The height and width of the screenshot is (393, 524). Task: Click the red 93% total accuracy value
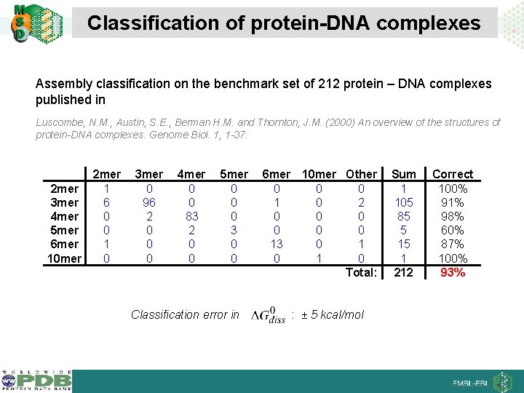pyautogui.click(x=453, y=273)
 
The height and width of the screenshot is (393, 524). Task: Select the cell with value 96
pyautogui.click(x=149, y=203)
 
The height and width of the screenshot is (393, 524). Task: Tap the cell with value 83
pyautogui.click(x=191, y=217)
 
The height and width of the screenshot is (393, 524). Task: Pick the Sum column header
pyautogui.click(x=404, y=175)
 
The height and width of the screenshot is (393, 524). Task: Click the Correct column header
pyautogui.click(x=453, y=175)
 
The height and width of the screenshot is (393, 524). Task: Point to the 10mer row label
pyautogui.click(x=63, y=258)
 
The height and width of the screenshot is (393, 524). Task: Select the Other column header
pyautogui.click(x=361, y=175)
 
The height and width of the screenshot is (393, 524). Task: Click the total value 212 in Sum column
pyautogui.click(x=404, y=273)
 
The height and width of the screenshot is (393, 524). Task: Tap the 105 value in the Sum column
pyautogui.click(x=404, y=203)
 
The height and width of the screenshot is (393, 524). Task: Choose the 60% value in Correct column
pyautogui.click(x=453, y=231)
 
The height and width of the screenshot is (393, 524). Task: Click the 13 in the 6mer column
pyautogui.click(x=277, y=245)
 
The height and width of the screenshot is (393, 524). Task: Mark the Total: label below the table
pyautogui.click(x=362, y=273)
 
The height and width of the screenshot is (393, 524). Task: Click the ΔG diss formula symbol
pyautogui.click(x=268, y=315)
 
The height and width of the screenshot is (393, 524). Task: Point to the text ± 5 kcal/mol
pyautogui.click(x=333, y=315)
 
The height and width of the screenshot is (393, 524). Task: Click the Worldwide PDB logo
pyautogui.click(x=36, y=381)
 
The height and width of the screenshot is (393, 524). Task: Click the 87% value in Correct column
pyautogui.click(x=453, y=245)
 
